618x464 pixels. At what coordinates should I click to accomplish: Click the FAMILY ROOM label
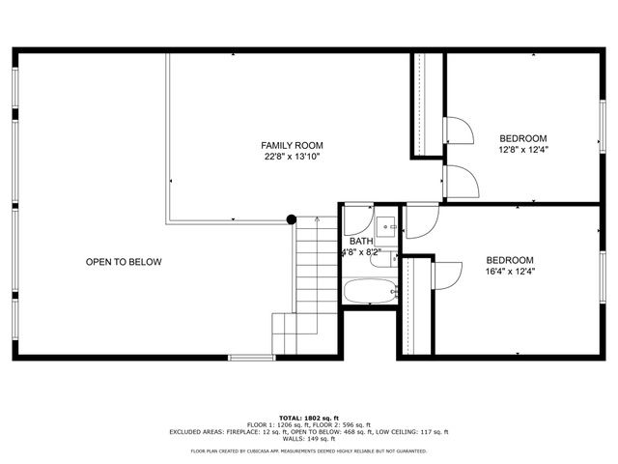click(292, 145)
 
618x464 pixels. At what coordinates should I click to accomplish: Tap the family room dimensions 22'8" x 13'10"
click(292, 157)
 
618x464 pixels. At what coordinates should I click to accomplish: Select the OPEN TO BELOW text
click(124, 262)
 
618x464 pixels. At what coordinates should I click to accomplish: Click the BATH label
click(361, 242)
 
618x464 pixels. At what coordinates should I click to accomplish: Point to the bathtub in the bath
click(370, 291)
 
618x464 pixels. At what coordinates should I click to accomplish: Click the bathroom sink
click(386, 226)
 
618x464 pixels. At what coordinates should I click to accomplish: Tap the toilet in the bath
click(381, 257)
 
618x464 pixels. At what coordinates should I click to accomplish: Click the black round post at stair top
click(292, 220)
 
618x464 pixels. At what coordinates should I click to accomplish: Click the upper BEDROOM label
click(522, 138)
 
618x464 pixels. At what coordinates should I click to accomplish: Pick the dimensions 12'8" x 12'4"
click(522, 150)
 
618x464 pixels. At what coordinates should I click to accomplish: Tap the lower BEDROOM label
click(510, 260)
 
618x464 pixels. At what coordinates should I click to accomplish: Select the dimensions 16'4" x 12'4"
click(510, 273)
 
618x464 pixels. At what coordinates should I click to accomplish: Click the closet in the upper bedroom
click(428, 104)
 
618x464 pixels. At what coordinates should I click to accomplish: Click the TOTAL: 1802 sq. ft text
click(308, 418)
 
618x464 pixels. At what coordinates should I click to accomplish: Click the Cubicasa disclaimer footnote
click(308, 450)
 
